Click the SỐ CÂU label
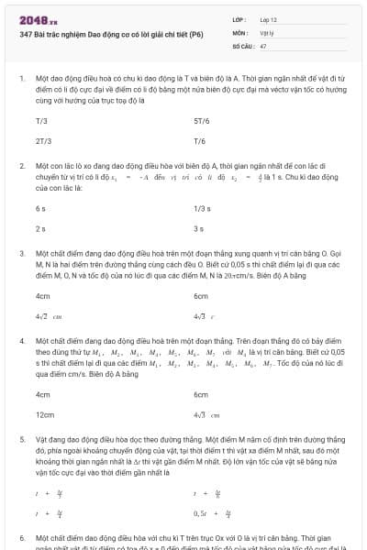coord(242,45)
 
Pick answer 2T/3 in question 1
coord(43,141)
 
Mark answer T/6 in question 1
coord(199,141)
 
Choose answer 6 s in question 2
coord(40,208)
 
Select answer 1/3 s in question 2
coord(202,208)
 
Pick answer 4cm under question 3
coord(42,296)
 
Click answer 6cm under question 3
coord(201,296)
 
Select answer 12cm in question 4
coord(44,414)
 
